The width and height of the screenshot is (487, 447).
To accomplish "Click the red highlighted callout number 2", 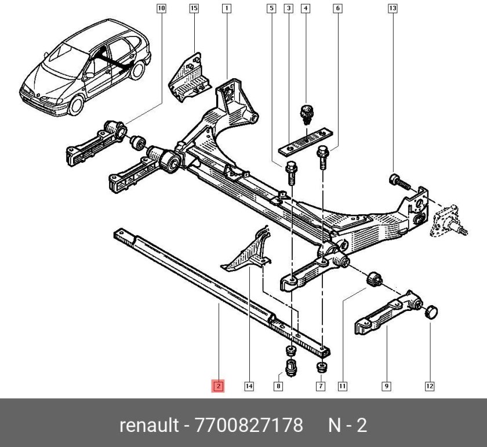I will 218,386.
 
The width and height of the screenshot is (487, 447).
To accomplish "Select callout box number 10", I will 161,8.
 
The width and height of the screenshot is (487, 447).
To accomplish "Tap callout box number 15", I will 194,8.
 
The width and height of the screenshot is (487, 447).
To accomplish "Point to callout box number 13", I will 392,8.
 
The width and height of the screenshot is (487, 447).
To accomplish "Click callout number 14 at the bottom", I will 249,386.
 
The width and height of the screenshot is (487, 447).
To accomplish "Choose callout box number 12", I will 429,386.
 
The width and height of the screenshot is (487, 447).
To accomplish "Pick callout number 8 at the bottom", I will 278,386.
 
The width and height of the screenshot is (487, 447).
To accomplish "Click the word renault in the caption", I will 149,426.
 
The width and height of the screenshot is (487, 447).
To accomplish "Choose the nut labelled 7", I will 321,367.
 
